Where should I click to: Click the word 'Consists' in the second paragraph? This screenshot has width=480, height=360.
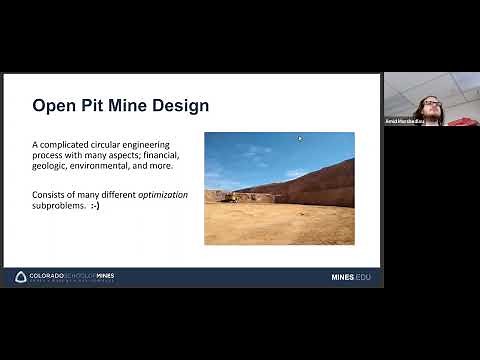click(49, 194)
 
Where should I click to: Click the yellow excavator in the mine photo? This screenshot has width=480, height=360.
click(230, 198)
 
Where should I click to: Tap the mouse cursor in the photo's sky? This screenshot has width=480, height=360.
click(298, 140)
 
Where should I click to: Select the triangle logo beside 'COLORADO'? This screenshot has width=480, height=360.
click(21, 277)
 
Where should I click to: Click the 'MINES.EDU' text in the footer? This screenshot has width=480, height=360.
click(350, 277)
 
